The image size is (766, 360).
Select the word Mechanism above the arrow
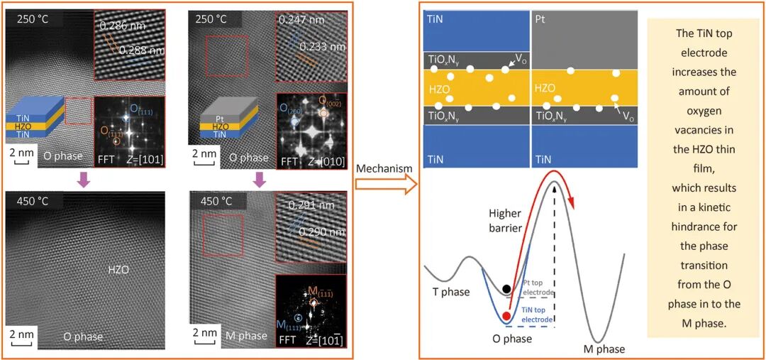click(x=384, y=168)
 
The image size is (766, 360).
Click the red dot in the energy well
click(x=506, y=316)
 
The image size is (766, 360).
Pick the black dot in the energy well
click(x=506, y=289)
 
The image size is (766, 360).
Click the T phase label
click(x=451, y=292)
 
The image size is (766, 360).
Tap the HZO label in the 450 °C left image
click(x=118, y=270)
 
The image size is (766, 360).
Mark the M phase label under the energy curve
click(x=604, y=349)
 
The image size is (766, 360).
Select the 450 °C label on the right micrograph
click(x=218, y=201)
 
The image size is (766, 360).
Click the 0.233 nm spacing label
click(x=322, y=47)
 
